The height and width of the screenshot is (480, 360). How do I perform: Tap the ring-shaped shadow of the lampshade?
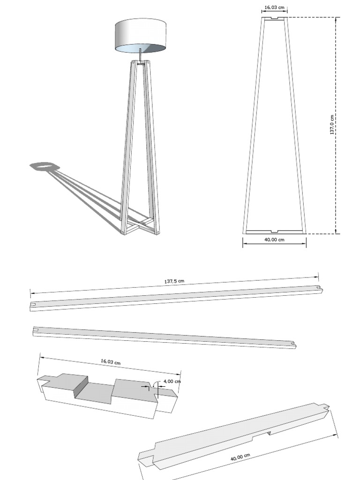[x=43, y=166]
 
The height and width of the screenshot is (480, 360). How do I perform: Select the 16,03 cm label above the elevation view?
[x=274, y=7]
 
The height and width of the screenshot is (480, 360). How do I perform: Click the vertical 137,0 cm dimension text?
[x=332, y=125]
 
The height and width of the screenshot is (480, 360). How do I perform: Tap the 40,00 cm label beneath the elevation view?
[x=274, y=240]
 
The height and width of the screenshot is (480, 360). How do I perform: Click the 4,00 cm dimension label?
[x=172, y=381]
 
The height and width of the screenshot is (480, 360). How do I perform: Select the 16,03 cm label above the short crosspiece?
[x=111, y=362]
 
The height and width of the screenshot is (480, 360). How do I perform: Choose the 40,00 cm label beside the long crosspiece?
[x=240, y=457]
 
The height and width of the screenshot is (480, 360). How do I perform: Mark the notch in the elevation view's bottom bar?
[x=274, y=231]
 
